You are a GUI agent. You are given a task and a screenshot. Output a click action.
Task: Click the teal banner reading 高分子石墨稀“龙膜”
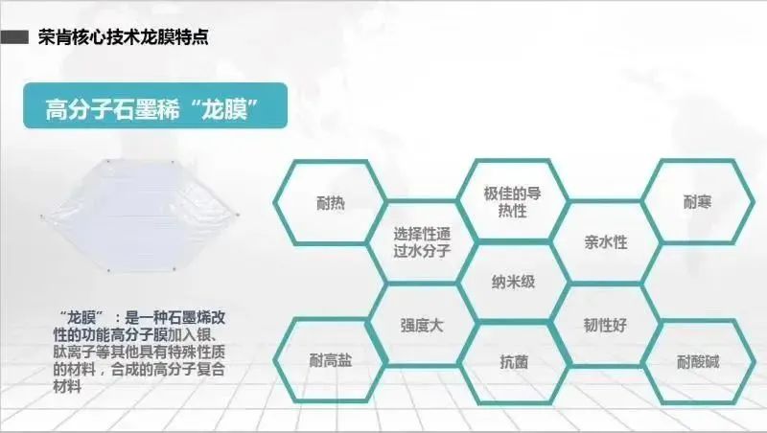coord(155,105)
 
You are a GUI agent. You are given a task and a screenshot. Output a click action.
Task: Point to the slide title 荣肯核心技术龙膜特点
coord(124,37)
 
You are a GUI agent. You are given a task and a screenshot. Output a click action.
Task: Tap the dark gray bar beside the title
coord(14,37)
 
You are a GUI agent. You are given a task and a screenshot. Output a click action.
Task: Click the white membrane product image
coord(139,215)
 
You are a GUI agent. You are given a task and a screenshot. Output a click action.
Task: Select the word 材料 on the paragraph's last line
coord(67,387)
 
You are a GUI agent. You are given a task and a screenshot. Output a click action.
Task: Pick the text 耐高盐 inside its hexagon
coord(331,360)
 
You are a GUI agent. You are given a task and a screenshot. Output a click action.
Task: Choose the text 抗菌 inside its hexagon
coord(514,362)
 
